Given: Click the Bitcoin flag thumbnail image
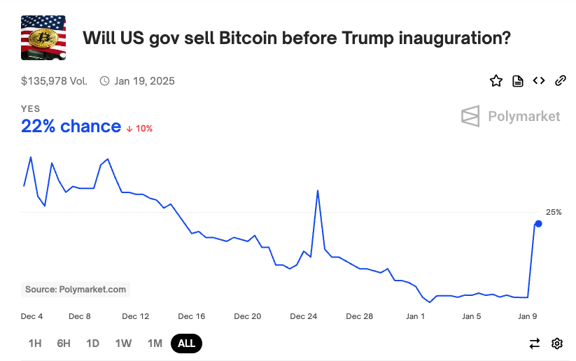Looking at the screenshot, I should click(43, 37).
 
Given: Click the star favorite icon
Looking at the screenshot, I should click(496, 80).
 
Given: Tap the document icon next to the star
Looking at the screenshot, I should click(518, 80).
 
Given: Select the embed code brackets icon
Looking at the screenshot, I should click(539, 80).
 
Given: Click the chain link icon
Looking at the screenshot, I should click(560, 80).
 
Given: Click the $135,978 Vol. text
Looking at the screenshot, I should click(55, 81).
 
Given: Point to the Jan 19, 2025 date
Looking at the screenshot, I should click(144, 81).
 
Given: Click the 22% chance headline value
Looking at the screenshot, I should click(71, 127).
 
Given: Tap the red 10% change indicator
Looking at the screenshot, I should click(140, 129).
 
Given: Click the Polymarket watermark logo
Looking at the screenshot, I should click(511, 116).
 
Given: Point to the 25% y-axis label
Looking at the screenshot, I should click(554, 212).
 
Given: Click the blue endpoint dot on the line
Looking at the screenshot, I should click(538, 224).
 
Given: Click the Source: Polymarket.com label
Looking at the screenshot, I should click(76, 289).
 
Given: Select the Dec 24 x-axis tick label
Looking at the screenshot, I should click(304, 316).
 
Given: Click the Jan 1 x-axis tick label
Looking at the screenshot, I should click(416, 316).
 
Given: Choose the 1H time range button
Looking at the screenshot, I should click(35, 344).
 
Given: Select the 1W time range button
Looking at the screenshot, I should click(123, 344).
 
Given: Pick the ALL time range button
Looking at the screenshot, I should click(187, 344).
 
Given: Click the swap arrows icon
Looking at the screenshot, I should click(535, 344).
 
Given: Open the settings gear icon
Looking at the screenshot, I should click(557, 344).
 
